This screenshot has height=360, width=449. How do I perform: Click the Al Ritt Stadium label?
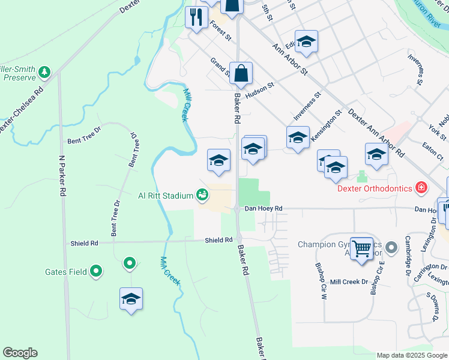point(166,196)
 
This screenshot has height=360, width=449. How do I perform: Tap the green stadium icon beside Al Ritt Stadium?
point(202,195)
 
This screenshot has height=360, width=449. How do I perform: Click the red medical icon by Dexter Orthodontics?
point(421,188)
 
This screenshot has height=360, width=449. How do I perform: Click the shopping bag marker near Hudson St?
point(241,74)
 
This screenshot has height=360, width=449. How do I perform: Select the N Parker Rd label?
point(62,176)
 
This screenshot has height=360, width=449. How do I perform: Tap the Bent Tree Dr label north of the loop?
point(85,140)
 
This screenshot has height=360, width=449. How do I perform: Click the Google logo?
point(20,353)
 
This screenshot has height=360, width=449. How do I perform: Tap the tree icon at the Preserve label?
point(44,73)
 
